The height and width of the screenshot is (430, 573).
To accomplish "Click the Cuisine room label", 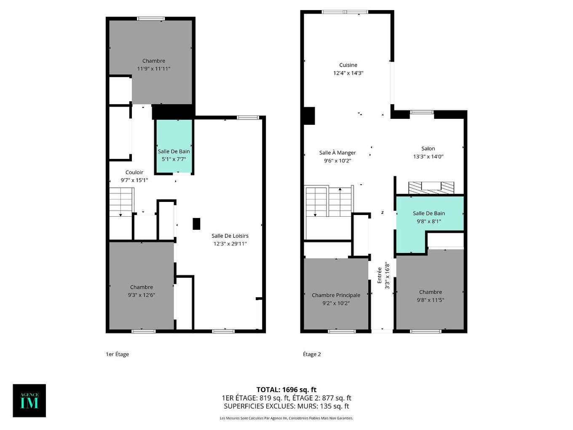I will pos(348,65).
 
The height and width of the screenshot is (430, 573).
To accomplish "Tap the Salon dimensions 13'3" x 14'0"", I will pos(428,156).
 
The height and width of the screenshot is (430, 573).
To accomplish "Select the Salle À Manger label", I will pos(337,153).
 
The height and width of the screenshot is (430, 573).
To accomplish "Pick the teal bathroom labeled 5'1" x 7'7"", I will pos(174,155).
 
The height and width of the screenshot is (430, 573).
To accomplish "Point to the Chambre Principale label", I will pos(336,295).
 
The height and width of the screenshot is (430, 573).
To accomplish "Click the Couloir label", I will pos(134,172).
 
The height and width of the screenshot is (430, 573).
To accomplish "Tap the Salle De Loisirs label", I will pos(230,236).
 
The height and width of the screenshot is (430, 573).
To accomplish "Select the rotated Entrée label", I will pos(379,274).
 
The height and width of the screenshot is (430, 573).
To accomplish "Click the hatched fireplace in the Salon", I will pos(431,187).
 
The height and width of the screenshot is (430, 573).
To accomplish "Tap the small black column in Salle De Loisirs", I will pos(196,224).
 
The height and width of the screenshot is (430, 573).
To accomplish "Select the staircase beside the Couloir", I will pos(121,202).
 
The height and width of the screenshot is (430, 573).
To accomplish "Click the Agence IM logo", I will pos(29,400).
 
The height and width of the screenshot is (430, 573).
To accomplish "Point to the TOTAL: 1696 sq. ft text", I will pos(286,390).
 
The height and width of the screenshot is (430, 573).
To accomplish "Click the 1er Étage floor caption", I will pos(117,354).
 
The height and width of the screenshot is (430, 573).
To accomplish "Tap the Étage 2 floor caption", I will pos(312,354).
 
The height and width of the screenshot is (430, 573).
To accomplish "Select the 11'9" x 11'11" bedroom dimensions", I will pos(153,69).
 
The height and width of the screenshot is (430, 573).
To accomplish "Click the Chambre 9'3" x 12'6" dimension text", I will pos(142,295).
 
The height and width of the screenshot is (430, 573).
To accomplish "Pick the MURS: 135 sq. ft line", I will pos(286,406).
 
